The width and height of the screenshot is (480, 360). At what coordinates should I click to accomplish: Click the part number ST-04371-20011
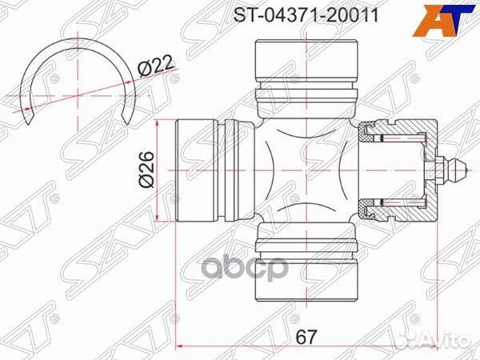click(306, 15)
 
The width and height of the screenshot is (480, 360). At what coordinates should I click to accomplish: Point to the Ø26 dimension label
click(146, 170)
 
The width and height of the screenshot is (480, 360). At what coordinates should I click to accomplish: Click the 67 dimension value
click(306, 336)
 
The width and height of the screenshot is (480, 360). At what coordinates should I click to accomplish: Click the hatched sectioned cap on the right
click(398, 170)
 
